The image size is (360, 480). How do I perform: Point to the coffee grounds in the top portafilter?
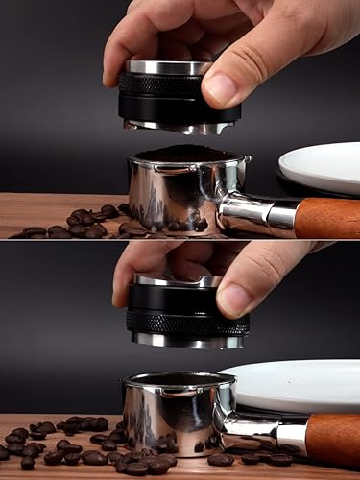(x=187, y=154)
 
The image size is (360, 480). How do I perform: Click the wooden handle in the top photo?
(x=327, y=219)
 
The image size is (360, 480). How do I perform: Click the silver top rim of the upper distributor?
(x=169, y=67)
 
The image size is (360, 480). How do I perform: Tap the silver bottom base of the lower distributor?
(x=188, y=341)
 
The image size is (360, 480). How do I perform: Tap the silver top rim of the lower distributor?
(x=178, y=281)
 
